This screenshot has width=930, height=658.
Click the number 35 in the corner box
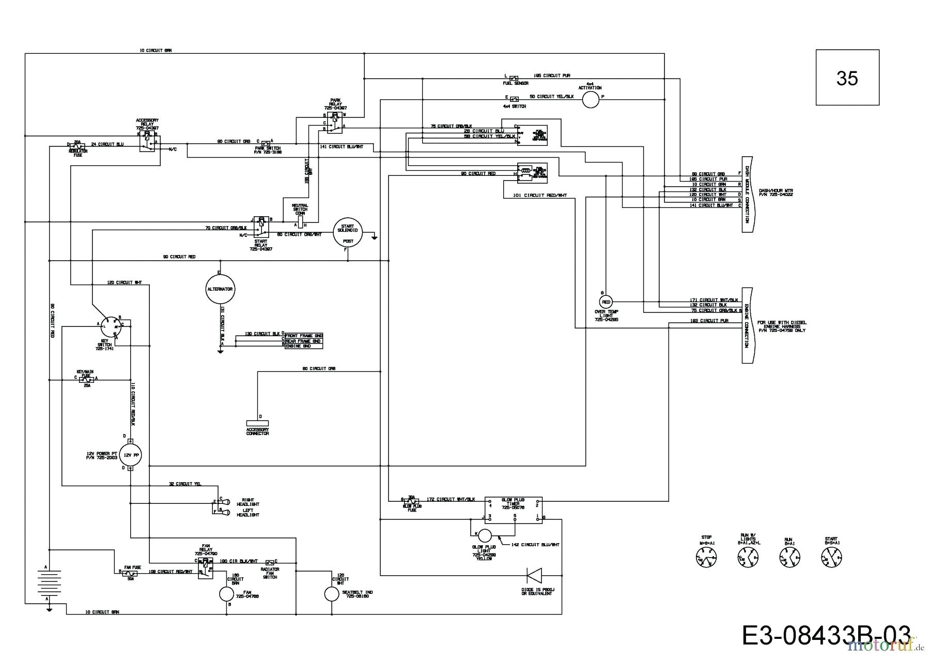[x=847, y=78]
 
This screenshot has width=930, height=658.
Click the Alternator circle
[x=220, y=289]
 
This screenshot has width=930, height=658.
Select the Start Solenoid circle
[x=348, y=233]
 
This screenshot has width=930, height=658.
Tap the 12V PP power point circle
[x=130, y=455]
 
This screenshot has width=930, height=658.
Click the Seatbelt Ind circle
[x=331, y=594]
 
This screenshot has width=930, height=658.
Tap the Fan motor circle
[x=226, y=594]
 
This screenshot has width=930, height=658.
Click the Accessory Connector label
[x=257, y=431]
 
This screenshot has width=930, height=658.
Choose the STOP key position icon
[x=706, y=558]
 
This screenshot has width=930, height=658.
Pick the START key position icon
[x=831, y=557]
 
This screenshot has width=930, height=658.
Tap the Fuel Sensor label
[x=515, y=83]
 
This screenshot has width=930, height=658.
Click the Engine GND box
[x=303, y=346]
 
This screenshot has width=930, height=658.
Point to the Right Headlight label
[x=247, y=501]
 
